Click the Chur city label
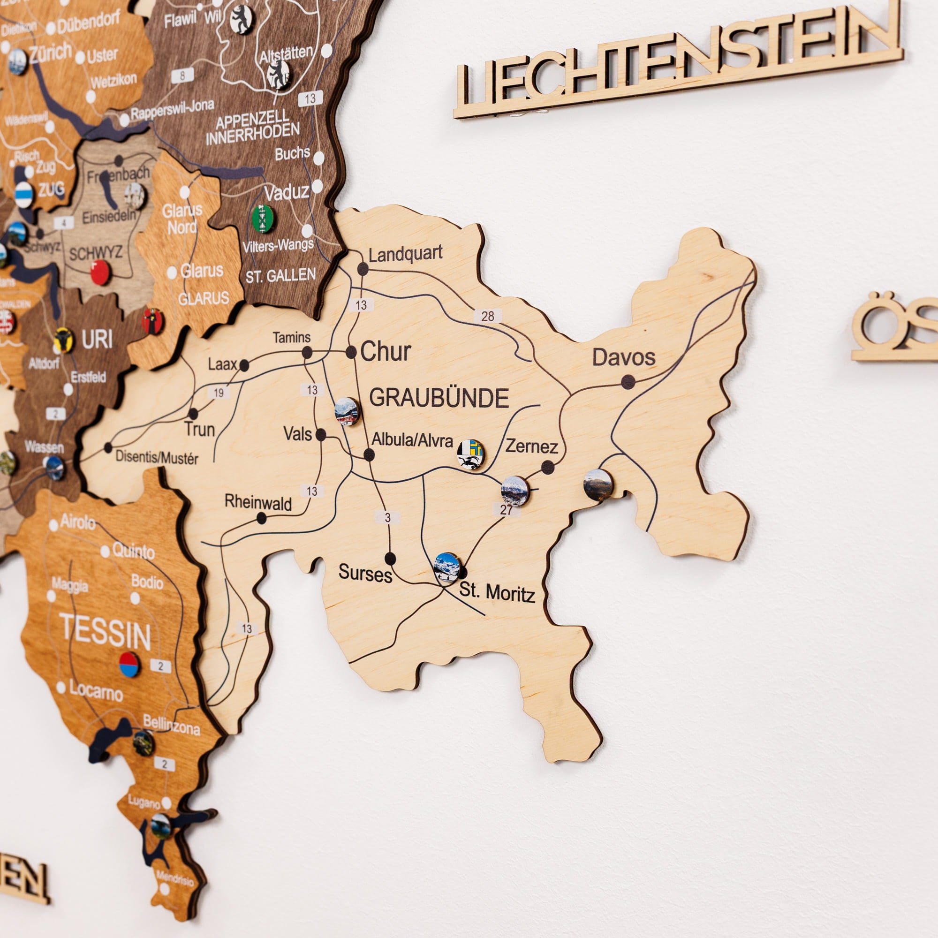pos(386,351)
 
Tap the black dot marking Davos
pos(628,382)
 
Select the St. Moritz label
pos(497,592)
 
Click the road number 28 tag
pos(487,316)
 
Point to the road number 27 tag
pos(506,510)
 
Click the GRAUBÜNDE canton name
pos(439,398)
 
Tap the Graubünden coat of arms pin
pos(470,454)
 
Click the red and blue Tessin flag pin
pos(129,665)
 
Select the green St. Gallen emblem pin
pos(263,219)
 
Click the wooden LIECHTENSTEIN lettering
pos(677,61)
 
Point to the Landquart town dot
pos(363,268)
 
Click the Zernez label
pos(532,446)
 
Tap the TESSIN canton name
pos(106,632)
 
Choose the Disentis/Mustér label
pos(157,457)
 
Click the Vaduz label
pos(287,193)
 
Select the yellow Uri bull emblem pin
pos(64,340)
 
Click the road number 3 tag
pos(387,518)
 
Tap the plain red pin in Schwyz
pos(100,272)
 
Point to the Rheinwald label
pos(258,502)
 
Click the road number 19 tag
pos(219,392)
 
